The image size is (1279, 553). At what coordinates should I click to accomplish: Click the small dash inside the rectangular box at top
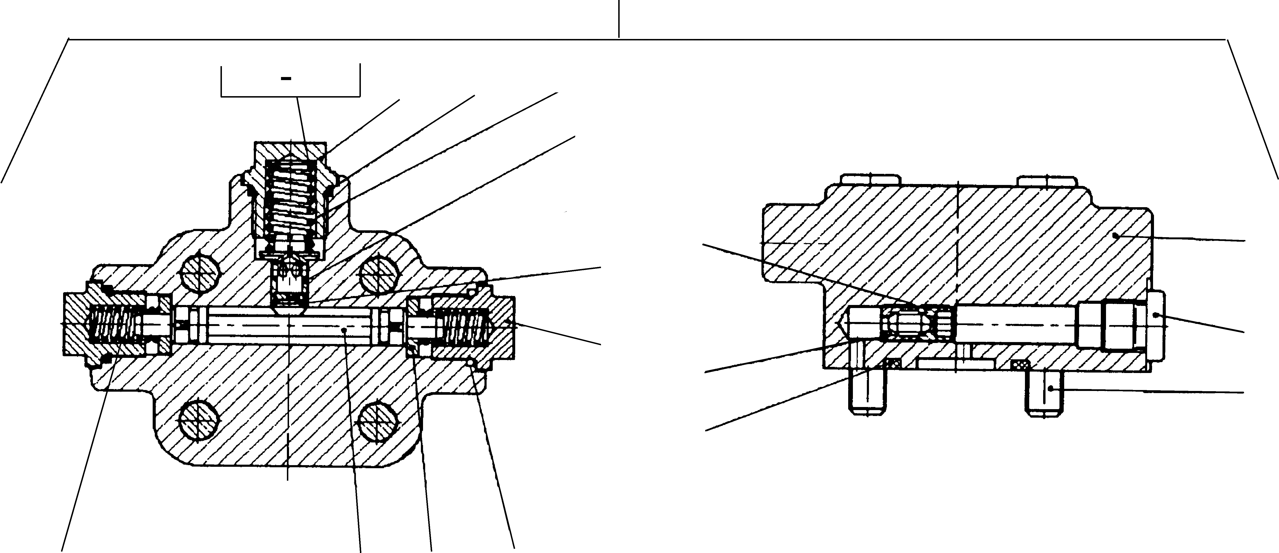[x=286, y=78]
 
